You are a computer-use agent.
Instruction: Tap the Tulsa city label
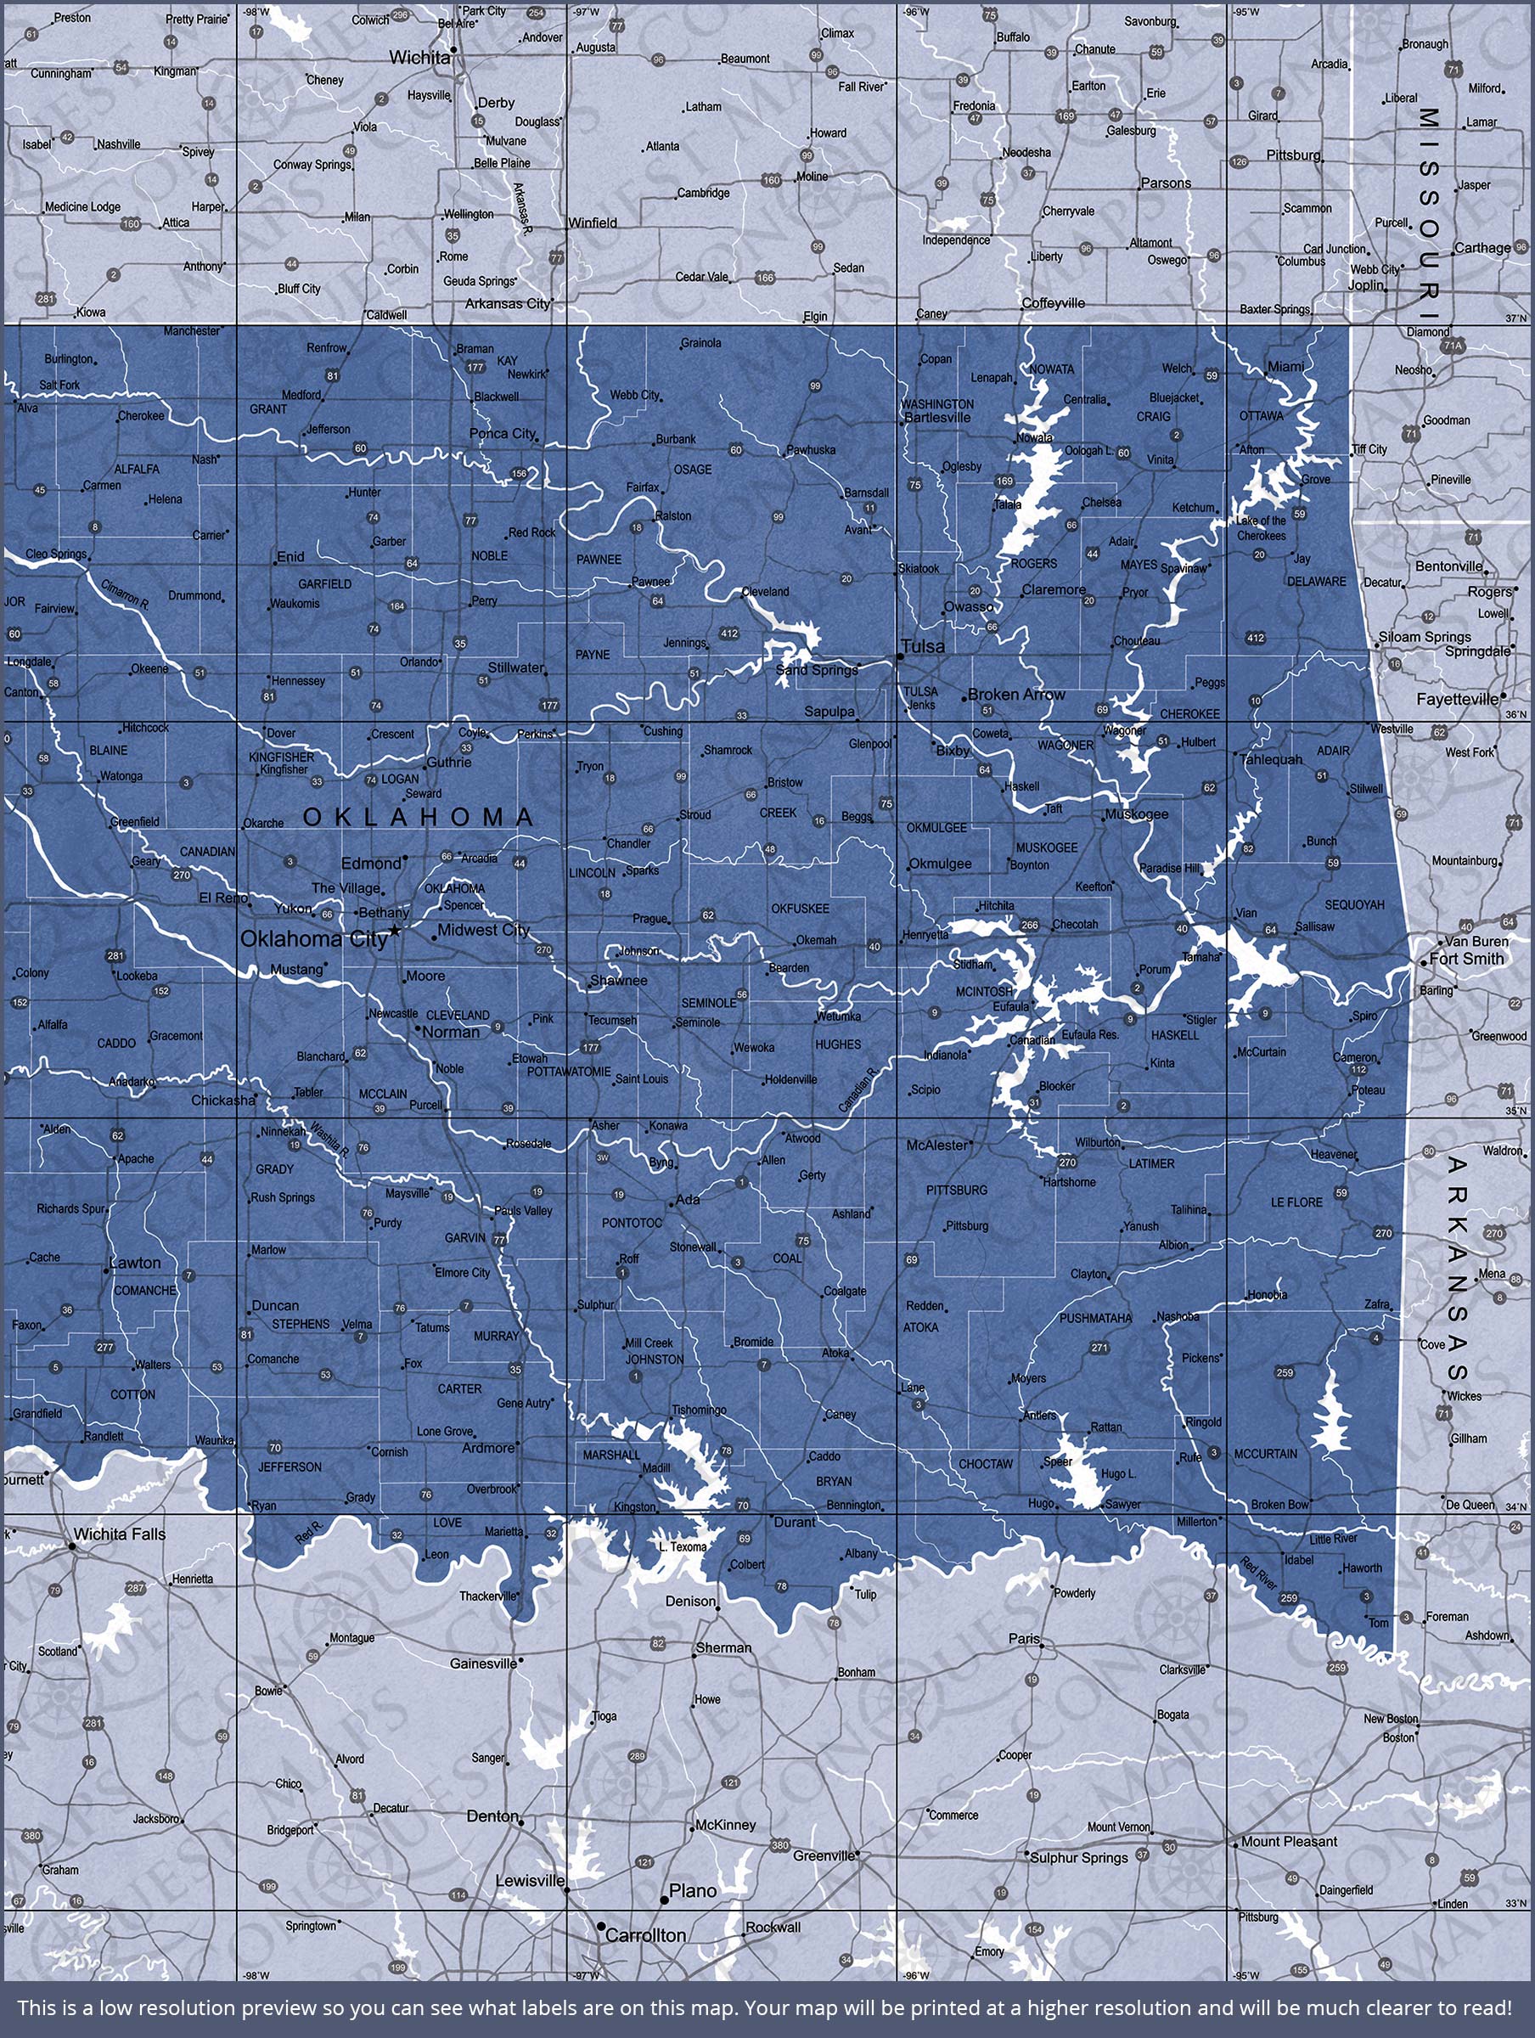pos(923,647)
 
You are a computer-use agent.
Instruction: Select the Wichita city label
pos(419,57)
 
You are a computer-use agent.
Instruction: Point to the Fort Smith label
pos(1467,958)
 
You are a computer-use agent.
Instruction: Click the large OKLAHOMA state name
pos(419,816)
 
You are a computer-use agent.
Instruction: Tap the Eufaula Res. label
pos(1090,1034)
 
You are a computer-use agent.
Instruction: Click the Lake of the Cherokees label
pos(1262,528)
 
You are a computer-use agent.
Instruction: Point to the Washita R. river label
pos(328,1138)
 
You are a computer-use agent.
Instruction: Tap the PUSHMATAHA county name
pos(1094,1319)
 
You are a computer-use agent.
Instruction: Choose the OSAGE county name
pos(692,469)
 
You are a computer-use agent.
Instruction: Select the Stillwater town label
pos(516,667)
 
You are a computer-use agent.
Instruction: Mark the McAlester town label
pos(937,1146)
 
